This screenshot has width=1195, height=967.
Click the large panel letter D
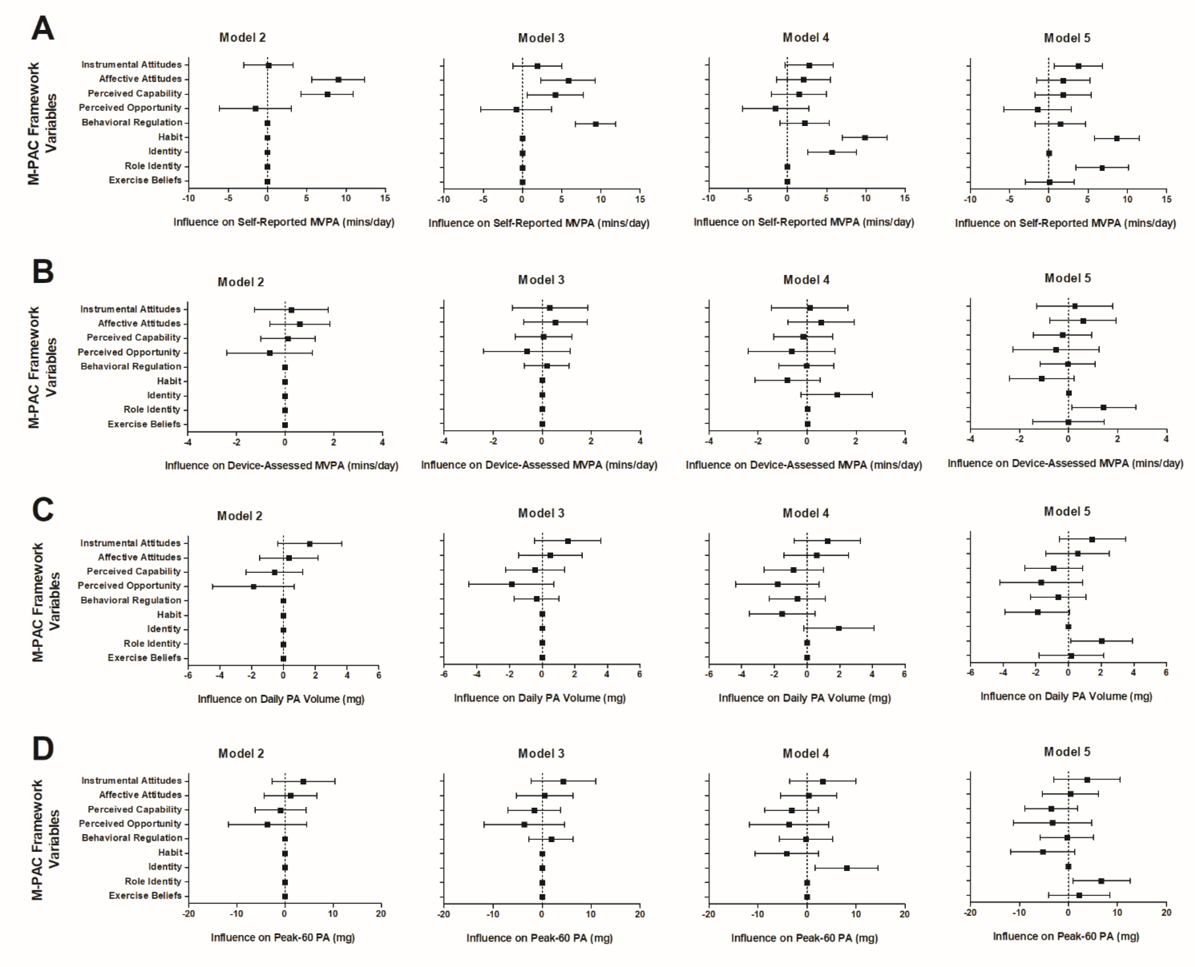pyautogui.click(x=43, y=749)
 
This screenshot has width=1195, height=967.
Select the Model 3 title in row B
pyautogui.click(x=541, y=280)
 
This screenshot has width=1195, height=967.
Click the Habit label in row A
pyautogui.click(x=170, y=137)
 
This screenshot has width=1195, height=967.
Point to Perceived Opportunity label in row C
pyautogui.click(x=129, y=586)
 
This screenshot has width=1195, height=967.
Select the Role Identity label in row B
pyautogui.click(x=152, y=409)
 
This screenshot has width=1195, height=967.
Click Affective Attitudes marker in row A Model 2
pyautogui.click(x=338, y=80)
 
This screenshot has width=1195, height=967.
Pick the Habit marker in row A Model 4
pyautogui.click(x=865, y=138)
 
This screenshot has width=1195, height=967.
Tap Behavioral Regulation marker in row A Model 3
pyautogui.click(x=595, y=124)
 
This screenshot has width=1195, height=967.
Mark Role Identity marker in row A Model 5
pyautogui.click(x=1102, y=168)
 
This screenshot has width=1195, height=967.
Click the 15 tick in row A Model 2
pyautogui.click(x=385, y=198)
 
